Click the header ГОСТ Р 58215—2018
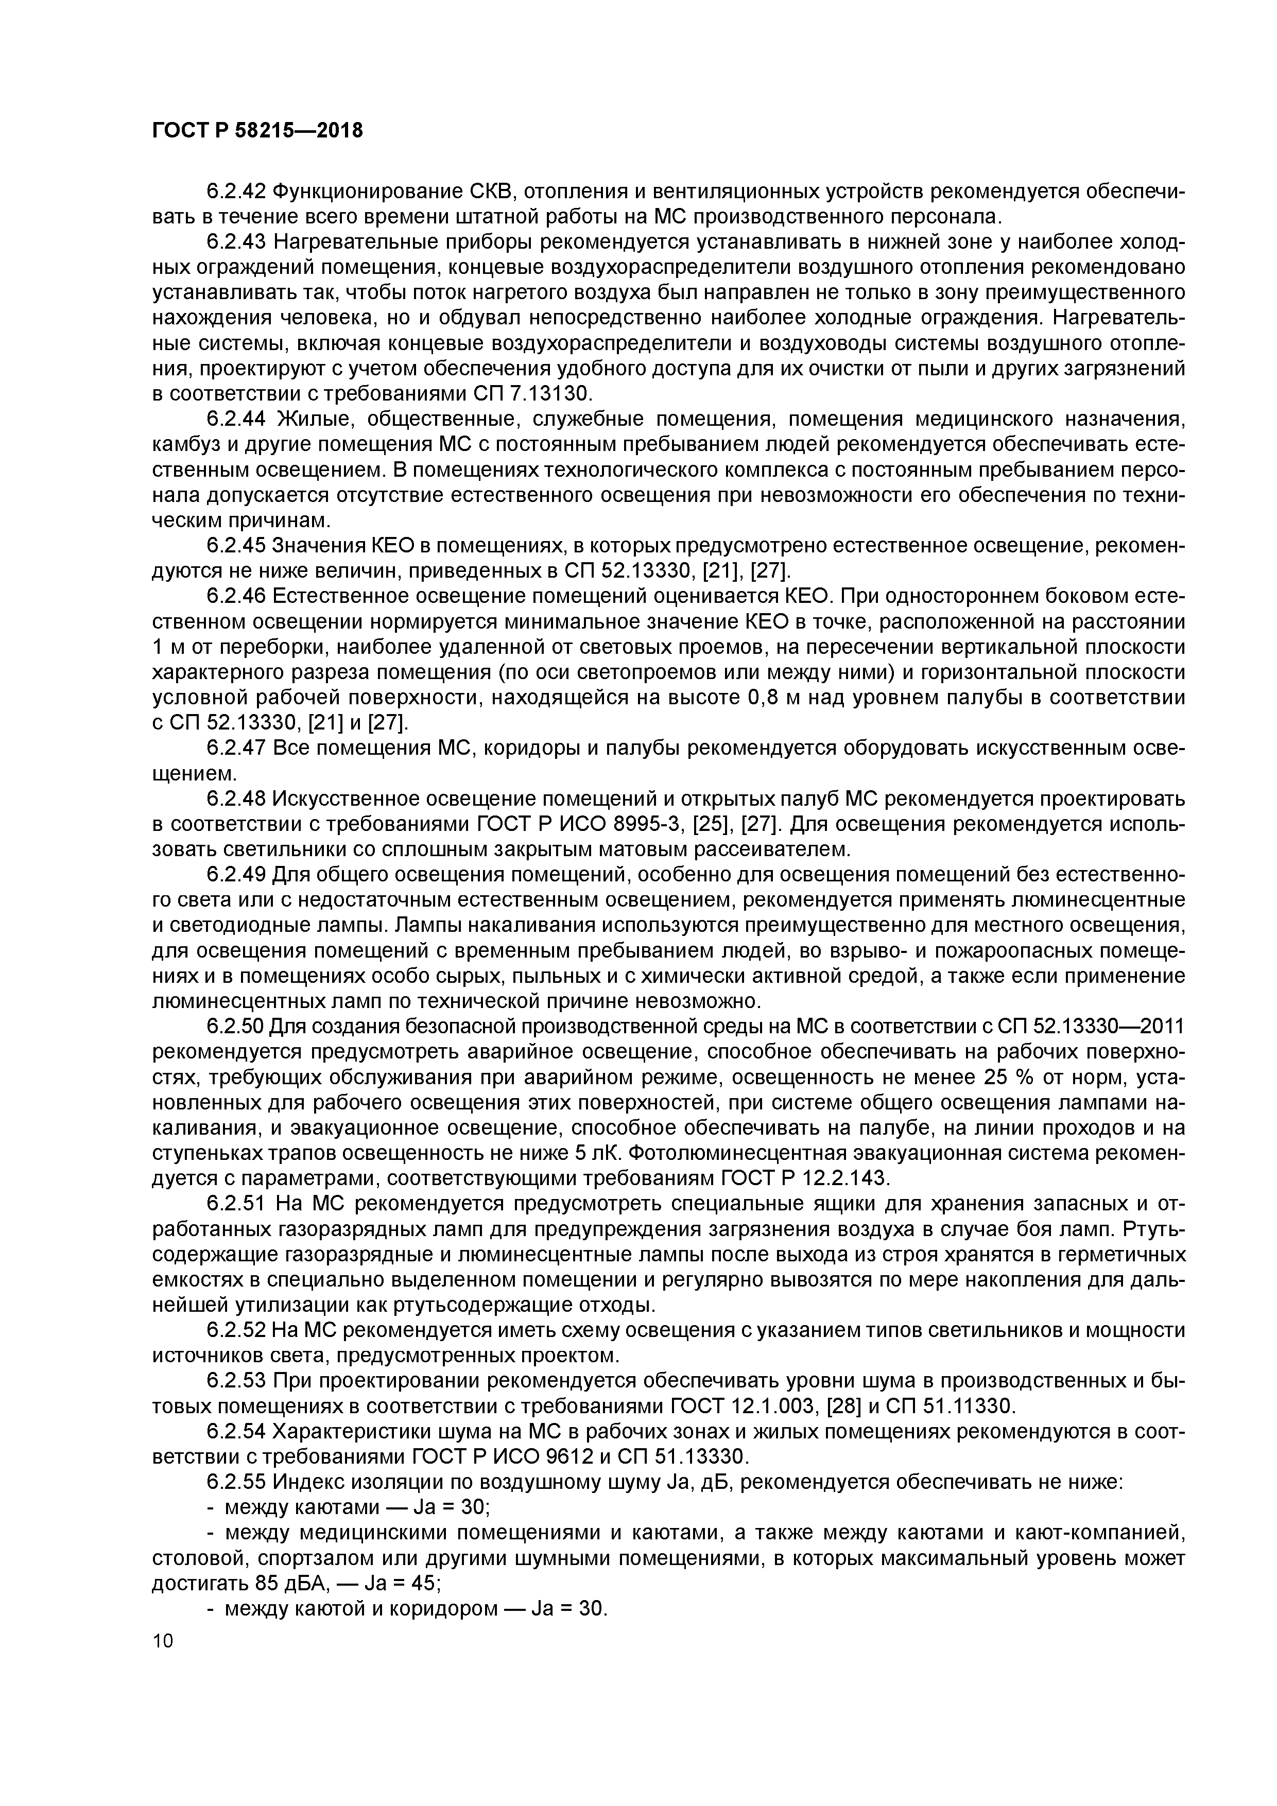257,131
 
